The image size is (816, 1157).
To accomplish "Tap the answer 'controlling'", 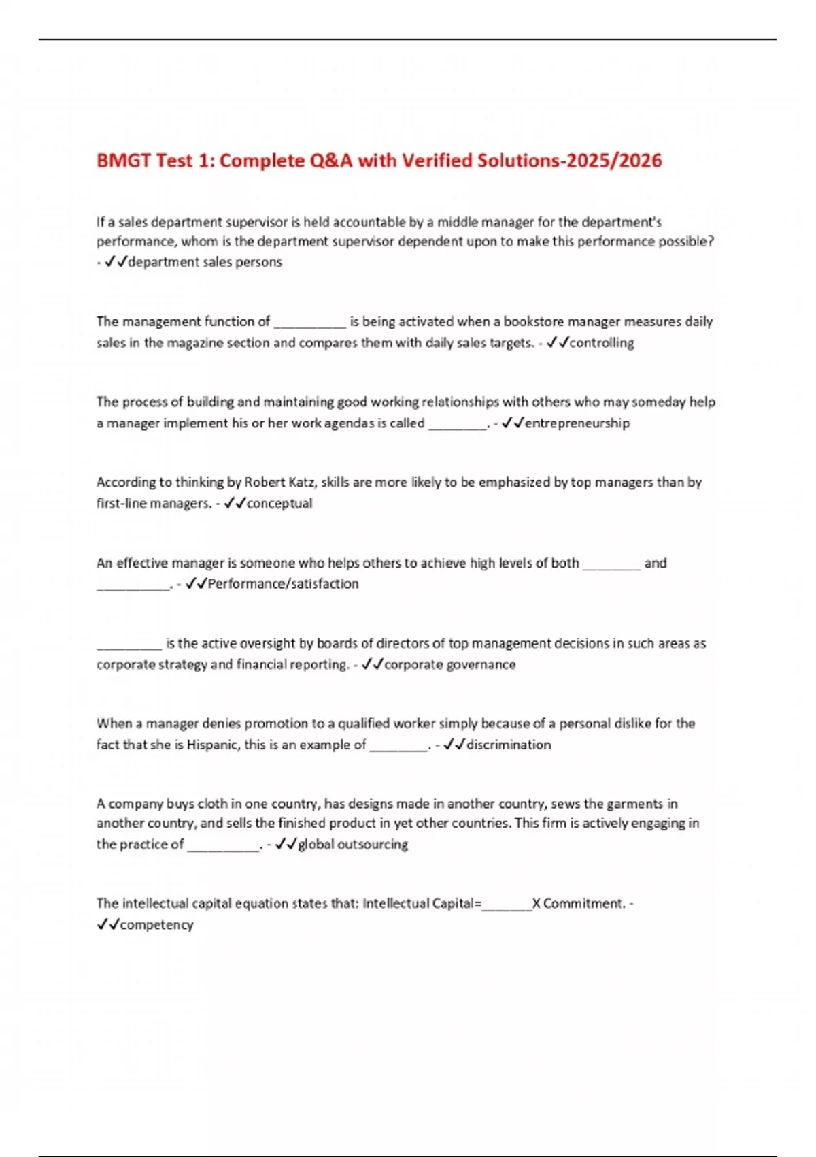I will (x=601, y=343).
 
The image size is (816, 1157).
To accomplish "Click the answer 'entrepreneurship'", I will (x=577, y=423).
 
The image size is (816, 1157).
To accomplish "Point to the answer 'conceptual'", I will (x=279, y=504).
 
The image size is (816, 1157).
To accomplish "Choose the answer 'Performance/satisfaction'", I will (x=283, y=584).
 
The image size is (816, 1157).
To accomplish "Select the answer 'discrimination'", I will (x=509, y=745).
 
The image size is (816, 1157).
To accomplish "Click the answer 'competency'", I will (x=156, y=925).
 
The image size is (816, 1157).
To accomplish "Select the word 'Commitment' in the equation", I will (x=583, y=904).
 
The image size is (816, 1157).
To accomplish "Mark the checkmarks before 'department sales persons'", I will (x=116, y=262).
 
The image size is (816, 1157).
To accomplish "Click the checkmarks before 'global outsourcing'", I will (x=286, y=845).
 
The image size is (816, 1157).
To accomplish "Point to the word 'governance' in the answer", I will (x=483, y=664).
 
